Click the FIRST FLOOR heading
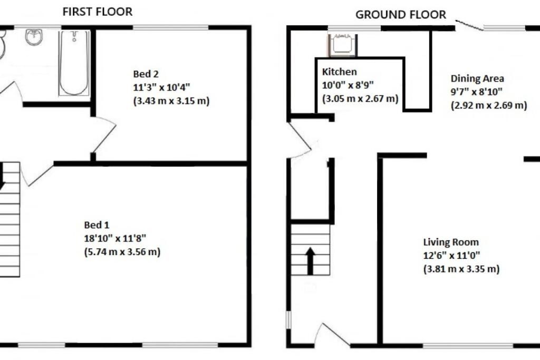[x=98, y=12]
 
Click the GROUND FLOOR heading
[x=401, y=14]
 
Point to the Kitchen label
[x=340, y=72]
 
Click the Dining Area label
[x=477, y=79]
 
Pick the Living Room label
[x=451, y=242]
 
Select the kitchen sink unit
[x=342, y=45]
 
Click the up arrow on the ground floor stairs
[x=310, y=260]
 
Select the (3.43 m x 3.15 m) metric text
[x=171, y=101]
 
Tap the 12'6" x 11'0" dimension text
[x=451, y=256]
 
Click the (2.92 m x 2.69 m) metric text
[x=488, y=105]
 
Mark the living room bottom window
[x=468, y=346]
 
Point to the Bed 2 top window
[x=171, y=27]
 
